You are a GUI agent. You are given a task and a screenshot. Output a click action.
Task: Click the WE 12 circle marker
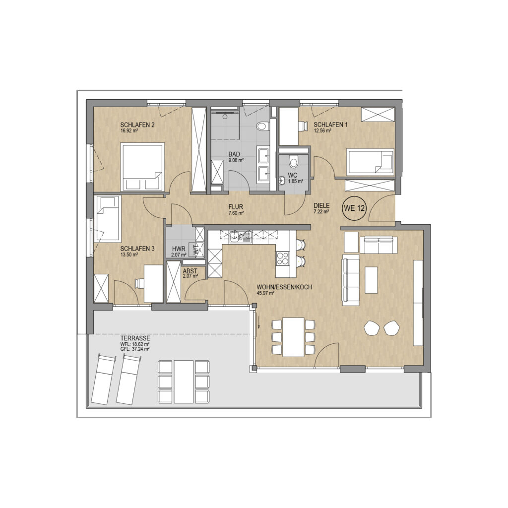[354, 208]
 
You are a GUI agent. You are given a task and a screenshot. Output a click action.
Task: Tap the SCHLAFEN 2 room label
[137, 125]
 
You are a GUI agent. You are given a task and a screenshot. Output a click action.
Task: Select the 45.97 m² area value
[266, 293]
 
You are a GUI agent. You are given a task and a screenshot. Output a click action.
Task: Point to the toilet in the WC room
[294, 161]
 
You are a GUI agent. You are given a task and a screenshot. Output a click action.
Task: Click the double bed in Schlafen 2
[142, 167]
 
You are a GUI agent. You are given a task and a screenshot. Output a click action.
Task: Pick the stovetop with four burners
[282, 258]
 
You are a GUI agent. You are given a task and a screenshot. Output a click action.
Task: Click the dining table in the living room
[294, 337]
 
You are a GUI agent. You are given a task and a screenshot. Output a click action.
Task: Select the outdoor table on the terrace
[184, 381]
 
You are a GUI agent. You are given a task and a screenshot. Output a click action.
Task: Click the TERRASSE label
[135, 338]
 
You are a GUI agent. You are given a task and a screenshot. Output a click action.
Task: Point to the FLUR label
[236, 207]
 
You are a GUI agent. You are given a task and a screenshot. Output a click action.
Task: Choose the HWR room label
[179, 249]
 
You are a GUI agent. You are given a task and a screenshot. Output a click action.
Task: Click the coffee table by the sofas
[371, 280]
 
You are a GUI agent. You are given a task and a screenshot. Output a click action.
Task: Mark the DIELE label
[321, 206]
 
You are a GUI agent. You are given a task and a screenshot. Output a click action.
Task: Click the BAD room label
[234, 154]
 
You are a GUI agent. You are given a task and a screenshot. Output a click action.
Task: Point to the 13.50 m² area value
[129, 254]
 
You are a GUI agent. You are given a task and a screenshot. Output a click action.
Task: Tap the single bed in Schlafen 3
[107, 218]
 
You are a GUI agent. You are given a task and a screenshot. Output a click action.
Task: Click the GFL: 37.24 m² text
[135, 349]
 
